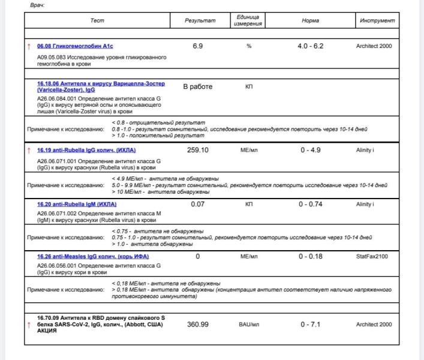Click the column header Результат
tap(200, 20)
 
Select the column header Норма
tap(310, 20)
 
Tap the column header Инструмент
tap(377, 20)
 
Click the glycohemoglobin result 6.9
tap(198, 46)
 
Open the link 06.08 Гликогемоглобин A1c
tap(75, 46)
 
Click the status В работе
tap(198, 86)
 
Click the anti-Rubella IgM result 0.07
tap(198, 204)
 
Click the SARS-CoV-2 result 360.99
tap(198, 325)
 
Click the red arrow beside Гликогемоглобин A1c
tap(28, 46)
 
